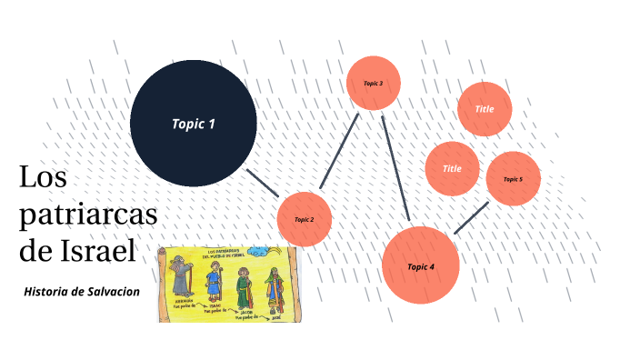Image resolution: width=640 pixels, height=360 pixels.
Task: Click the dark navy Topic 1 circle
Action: click(193, 124)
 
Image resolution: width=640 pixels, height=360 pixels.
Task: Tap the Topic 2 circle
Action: click(304, 219)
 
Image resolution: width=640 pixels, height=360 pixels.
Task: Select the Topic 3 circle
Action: click(373, 83)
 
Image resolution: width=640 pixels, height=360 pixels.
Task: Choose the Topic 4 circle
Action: click(420, 265)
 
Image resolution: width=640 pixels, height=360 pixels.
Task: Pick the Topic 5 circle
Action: click(514, 178)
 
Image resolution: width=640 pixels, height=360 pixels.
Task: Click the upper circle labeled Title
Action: click(485, 109)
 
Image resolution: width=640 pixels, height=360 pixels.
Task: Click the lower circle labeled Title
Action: click(452, 169)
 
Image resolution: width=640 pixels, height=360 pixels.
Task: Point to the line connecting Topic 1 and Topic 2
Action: click(264, 181)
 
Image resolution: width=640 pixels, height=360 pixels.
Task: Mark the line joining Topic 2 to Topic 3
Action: click(339, 152)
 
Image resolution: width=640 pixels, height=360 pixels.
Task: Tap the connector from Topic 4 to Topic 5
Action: click(471, 217)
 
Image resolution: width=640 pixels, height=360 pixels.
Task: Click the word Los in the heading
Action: click(43, 178)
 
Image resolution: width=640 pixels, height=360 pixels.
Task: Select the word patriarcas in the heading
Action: click(87, 215)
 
